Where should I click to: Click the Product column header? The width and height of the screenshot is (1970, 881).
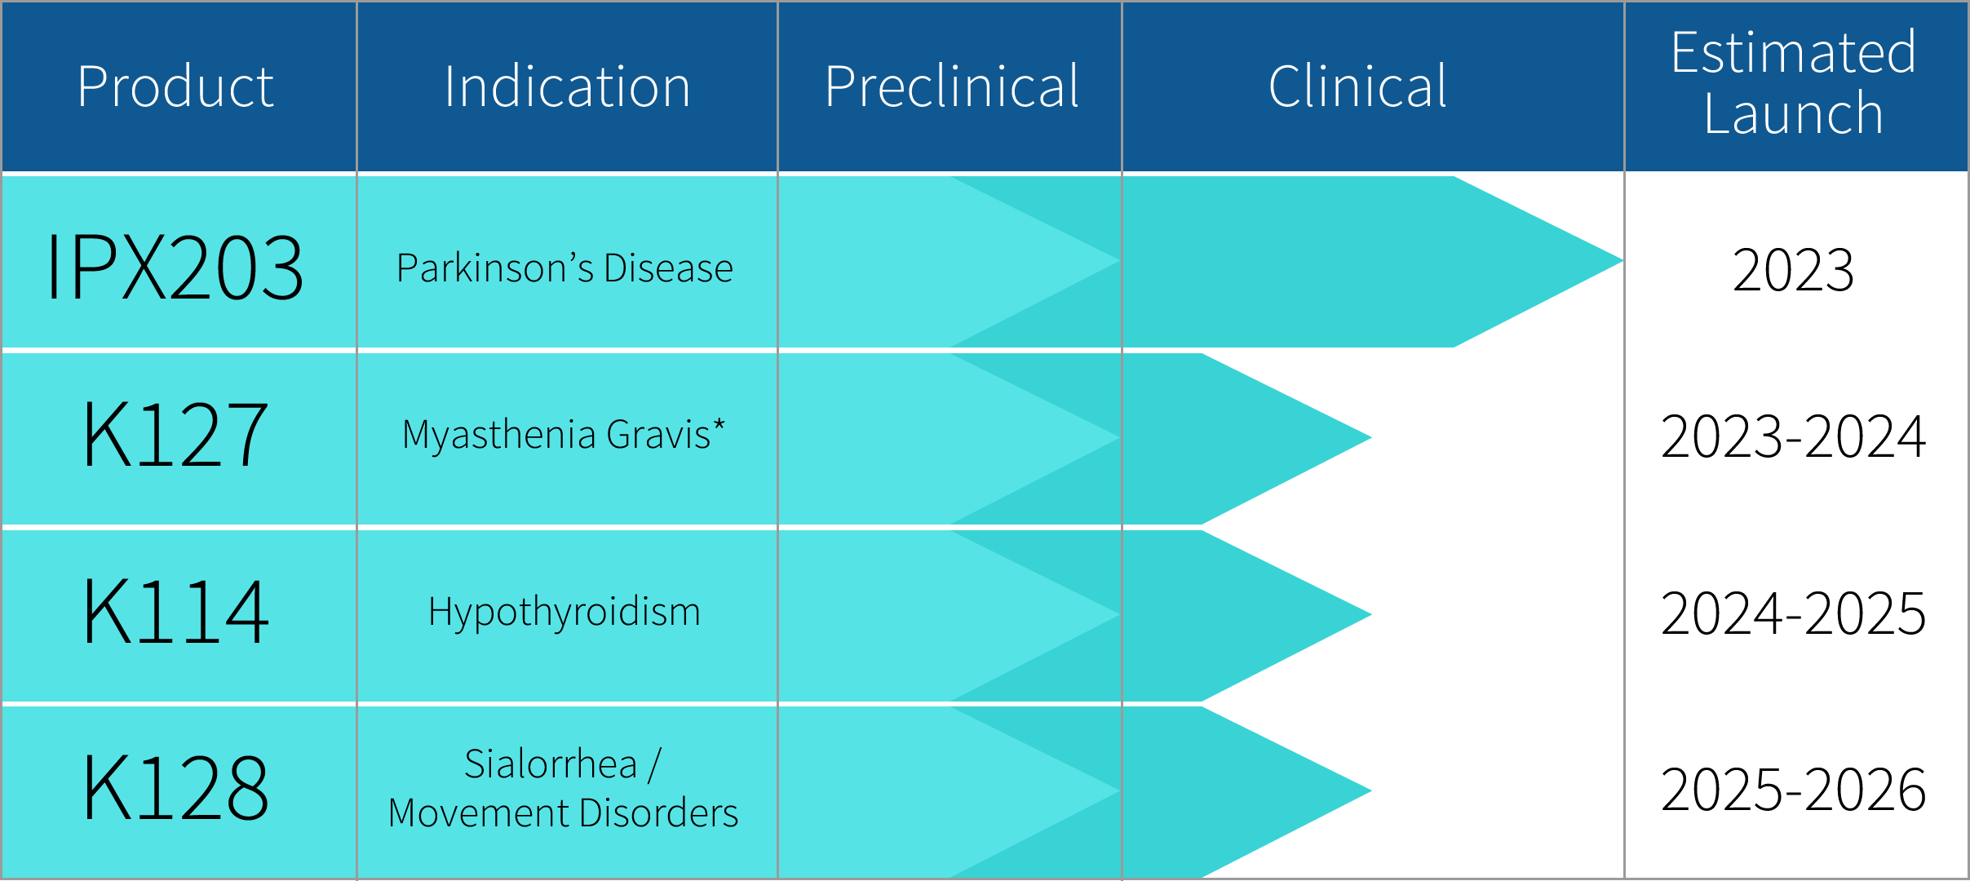175,86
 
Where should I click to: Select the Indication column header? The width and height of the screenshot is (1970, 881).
567,86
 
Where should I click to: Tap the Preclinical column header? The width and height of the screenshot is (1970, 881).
951,86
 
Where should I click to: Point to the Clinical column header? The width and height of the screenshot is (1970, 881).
1357,86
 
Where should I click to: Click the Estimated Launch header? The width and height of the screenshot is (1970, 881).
1794,83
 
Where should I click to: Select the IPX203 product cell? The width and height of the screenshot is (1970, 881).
175,267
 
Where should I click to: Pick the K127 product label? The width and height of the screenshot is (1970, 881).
175,436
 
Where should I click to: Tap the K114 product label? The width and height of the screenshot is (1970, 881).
175,612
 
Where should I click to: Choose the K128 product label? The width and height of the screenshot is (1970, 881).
175,788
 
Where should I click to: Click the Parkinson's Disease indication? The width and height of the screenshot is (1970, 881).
564,268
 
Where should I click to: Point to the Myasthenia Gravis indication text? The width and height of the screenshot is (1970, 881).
556,435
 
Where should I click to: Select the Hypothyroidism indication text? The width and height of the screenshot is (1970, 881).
564,612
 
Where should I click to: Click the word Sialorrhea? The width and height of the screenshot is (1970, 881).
551,764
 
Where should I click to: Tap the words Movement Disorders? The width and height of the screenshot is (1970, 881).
563,813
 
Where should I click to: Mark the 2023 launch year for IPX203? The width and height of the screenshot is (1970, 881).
1793,270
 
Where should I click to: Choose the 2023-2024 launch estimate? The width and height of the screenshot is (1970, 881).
1793,436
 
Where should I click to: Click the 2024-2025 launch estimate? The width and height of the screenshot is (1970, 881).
1793,613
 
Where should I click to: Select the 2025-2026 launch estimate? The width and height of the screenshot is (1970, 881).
1793,790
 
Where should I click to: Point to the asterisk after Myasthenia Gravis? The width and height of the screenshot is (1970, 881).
719,425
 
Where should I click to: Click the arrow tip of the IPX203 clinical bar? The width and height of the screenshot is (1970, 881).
1622,261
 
